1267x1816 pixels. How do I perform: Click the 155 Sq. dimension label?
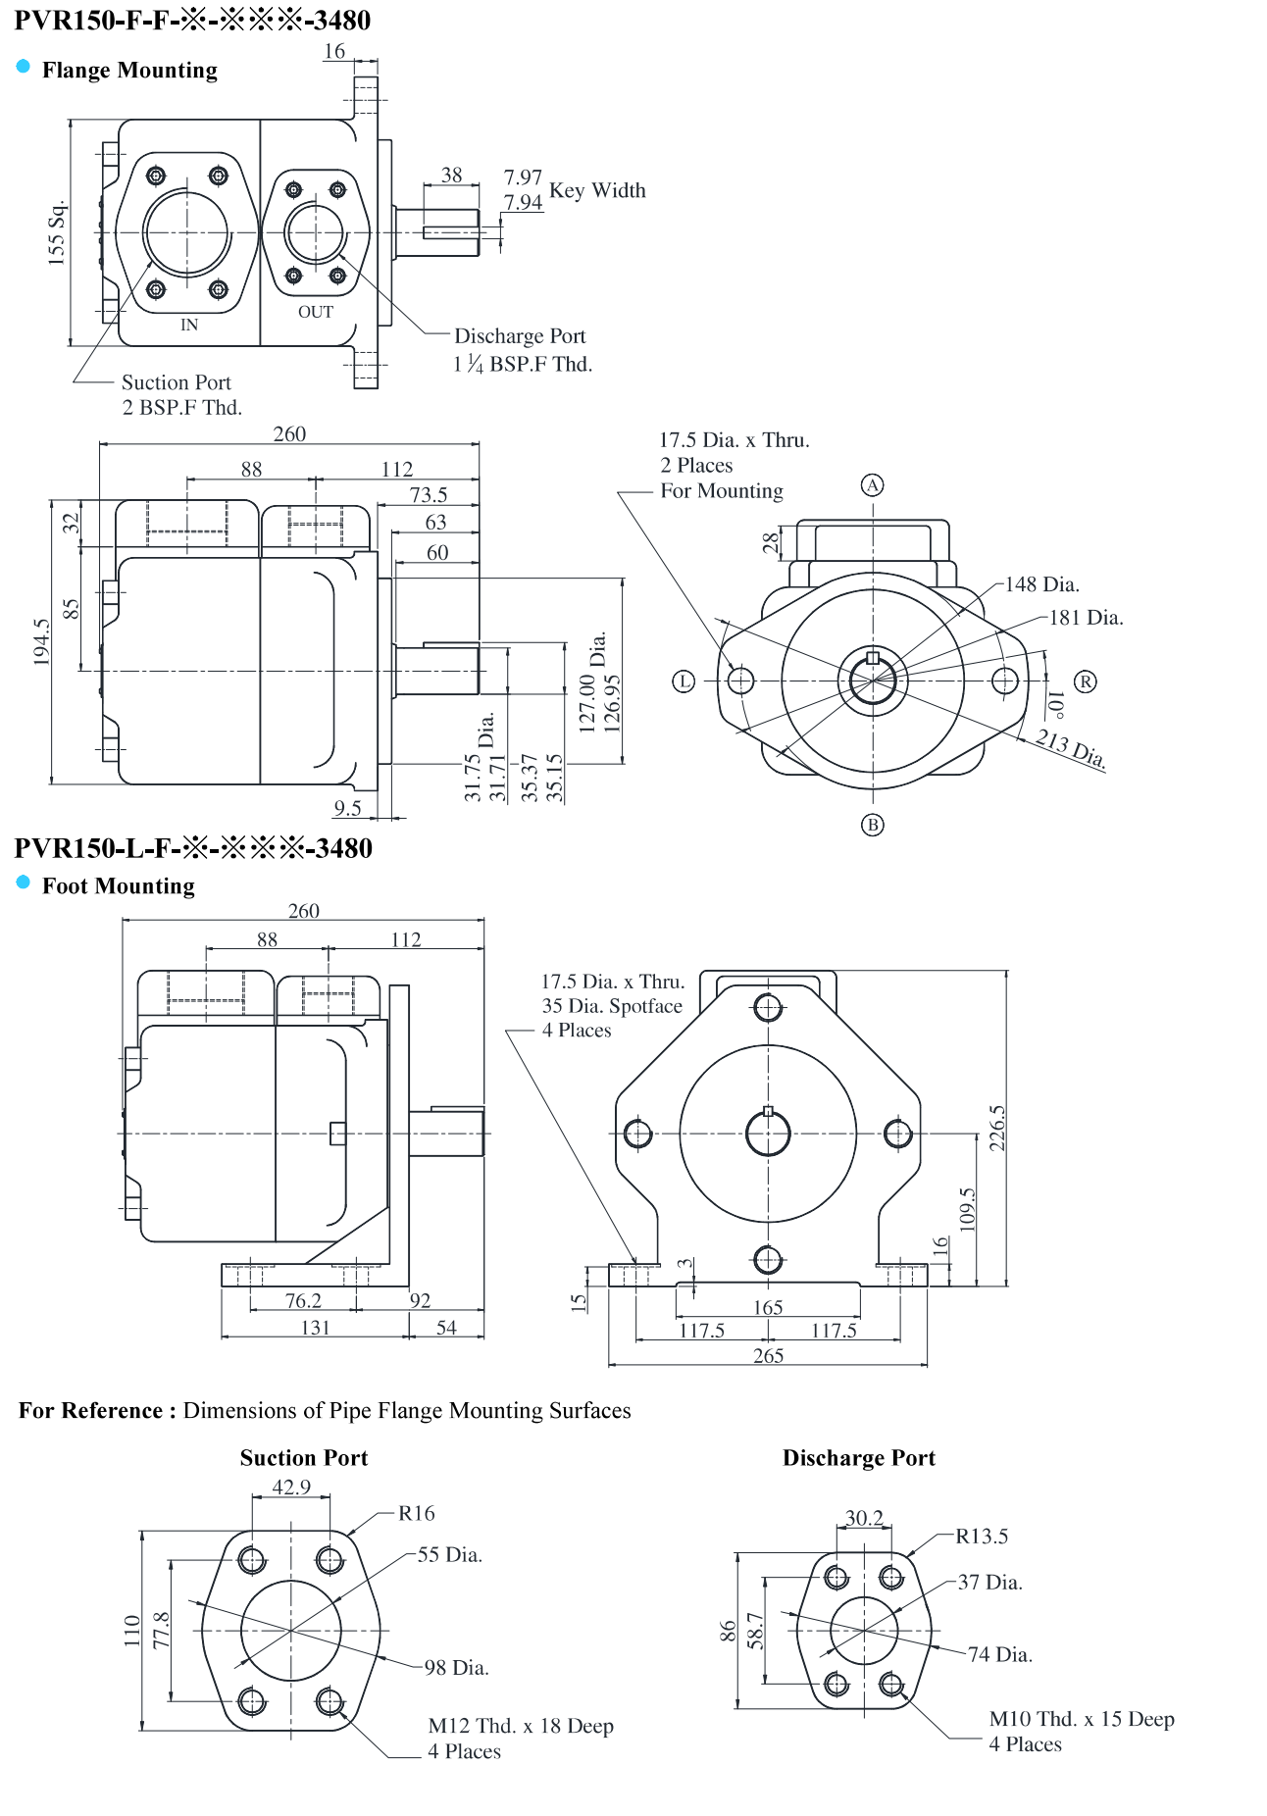(x=57, y=232)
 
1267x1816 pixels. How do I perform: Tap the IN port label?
(x=189, y=325)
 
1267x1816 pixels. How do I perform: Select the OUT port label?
(x=316, y=312)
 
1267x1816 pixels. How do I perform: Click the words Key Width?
(x=597, y=190)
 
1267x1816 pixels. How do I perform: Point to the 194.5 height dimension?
(x=41, y=642)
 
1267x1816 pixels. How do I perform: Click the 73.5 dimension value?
(x=429, y=495)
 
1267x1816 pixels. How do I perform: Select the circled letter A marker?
(x=872, y=485)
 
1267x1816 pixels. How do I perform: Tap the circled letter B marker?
(x=872, y=825)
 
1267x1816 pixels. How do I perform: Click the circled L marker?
(x=684, y=681)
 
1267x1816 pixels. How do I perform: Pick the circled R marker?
(x=1085, y=681)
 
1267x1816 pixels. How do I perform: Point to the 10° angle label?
(x=1056, y=703)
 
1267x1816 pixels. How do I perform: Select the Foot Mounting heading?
(x=119, y=886)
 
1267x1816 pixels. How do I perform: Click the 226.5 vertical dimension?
(x=997, y=1128)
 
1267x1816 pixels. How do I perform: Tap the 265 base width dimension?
(x=768, y=1355)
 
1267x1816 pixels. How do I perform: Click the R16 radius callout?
(x=417, y=1513)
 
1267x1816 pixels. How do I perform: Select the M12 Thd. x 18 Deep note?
(x=521, y=1726)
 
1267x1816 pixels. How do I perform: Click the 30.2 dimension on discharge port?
(x=864, y=1518)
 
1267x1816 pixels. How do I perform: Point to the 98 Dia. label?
(x=456, y=1667)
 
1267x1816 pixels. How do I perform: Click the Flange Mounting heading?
(x=129, y=71)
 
